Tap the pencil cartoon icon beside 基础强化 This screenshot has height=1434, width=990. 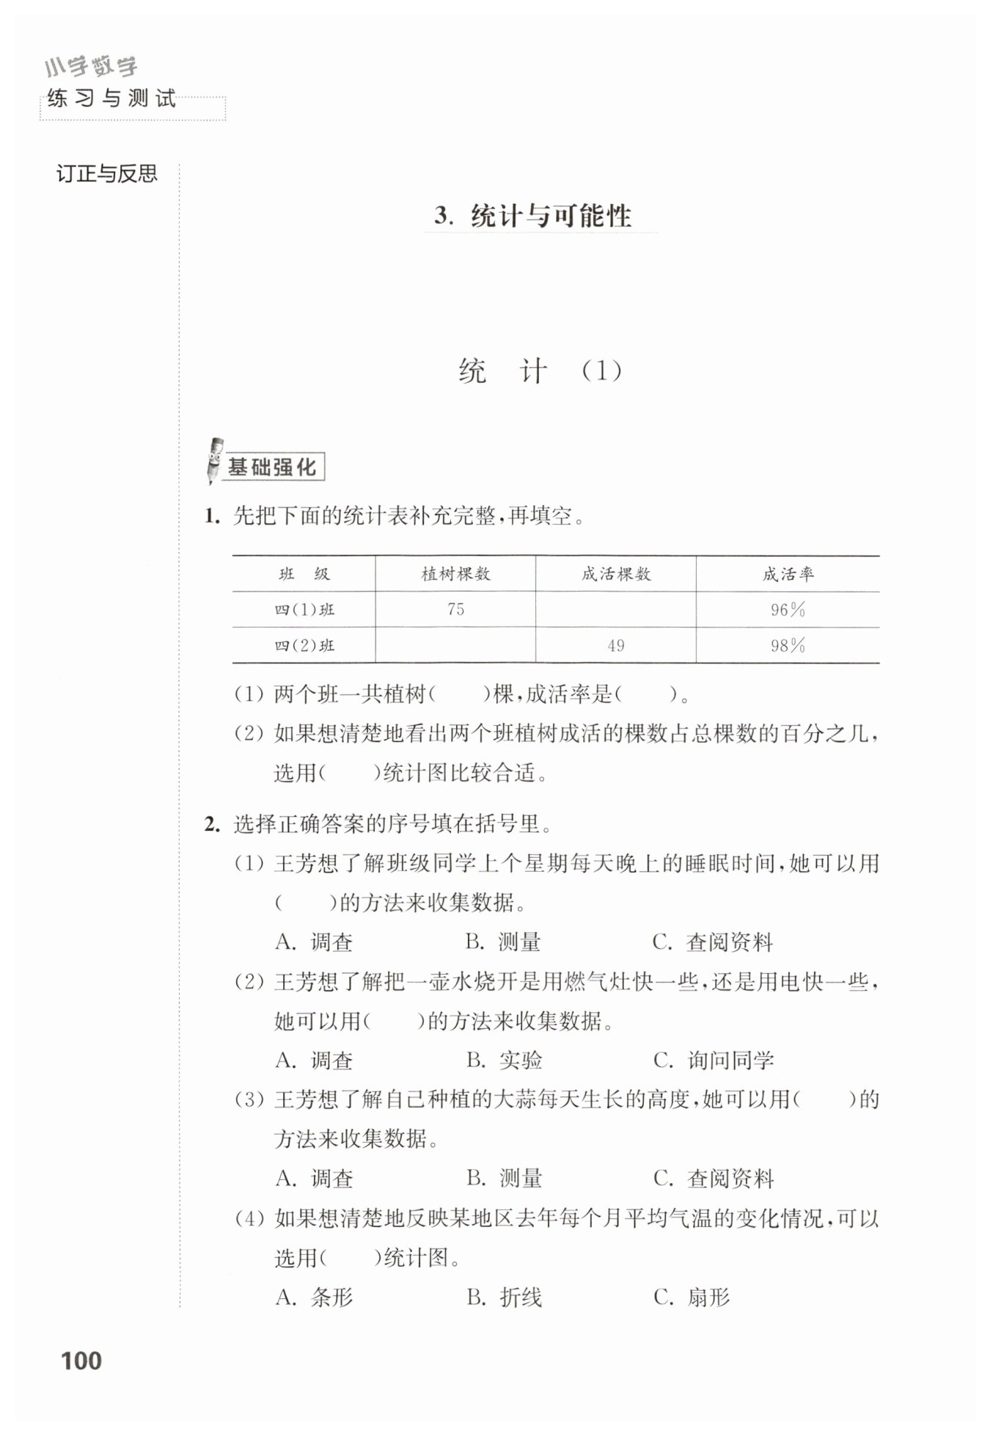(x=215, y=461)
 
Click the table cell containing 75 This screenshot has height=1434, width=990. (x=455, y=609)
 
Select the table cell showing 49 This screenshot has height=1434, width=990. (x=615, y=645)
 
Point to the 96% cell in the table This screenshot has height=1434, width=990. (x=788, y=609)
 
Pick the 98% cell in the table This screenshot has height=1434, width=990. (x=788, y=645)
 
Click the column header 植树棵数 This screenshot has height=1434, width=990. (x=455, y=574)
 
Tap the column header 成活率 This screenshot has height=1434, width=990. (x=788, y=574)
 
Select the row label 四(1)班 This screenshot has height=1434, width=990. (x=304, y=609)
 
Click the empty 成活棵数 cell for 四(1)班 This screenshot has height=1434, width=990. (x=615, y=609)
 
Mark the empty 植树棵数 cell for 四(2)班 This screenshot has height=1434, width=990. (x=455, y=645)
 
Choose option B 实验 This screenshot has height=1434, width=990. (x=505, y=1060)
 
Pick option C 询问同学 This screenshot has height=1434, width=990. (x=714, y=1060)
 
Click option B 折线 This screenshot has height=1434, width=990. (x=505, y=1297)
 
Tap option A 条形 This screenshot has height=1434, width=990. (x=315, y=1297)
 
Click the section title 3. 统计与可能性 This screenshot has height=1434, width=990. (x=533, y=216)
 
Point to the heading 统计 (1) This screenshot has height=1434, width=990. (x=540, y=371)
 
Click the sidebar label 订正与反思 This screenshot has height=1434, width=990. (x=107, y=174)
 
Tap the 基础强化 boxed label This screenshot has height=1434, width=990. (x=273, y=467)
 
